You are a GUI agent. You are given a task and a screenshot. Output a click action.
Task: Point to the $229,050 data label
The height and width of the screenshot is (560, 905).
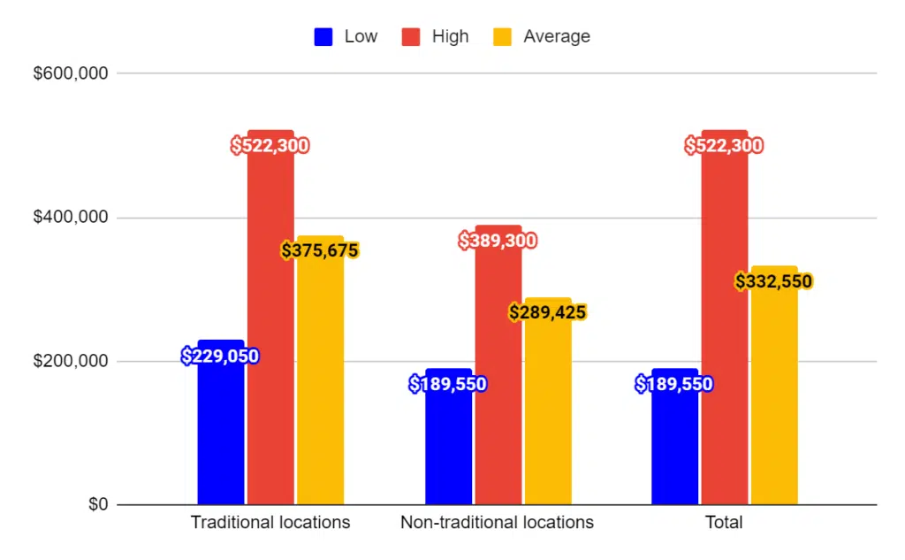[220, 357]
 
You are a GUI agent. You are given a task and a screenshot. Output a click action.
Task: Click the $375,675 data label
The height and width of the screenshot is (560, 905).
[320, 251]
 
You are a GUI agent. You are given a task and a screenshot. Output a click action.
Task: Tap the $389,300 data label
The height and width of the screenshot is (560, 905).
[498, 241]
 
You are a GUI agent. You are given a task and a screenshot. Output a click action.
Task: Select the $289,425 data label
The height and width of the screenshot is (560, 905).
[548, 313]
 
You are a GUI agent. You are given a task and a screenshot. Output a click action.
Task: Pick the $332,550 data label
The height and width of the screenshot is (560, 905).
[774, 282]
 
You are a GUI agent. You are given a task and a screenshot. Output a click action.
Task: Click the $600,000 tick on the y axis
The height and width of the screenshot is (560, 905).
[71, 73]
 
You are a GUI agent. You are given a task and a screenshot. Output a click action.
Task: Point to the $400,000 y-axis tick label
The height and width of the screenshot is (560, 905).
[71, 218]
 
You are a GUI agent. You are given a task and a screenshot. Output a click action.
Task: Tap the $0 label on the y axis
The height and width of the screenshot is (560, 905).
[97, 505]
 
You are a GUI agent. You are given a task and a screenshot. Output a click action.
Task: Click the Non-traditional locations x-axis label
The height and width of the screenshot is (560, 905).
[497, 522]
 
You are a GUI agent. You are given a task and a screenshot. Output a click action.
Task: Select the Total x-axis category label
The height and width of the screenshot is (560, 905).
[724, 522]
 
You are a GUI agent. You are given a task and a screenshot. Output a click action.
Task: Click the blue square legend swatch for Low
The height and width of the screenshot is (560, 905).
[323, 37]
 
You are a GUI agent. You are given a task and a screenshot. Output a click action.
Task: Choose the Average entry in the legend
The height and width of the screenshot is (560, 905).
[556, 37]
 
